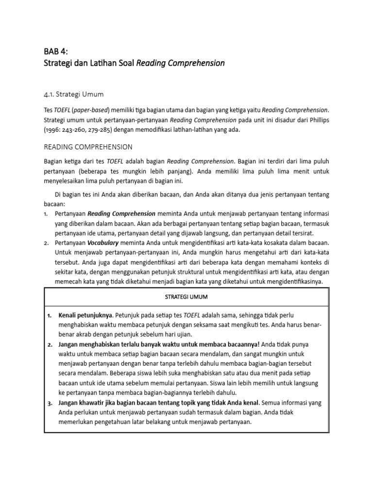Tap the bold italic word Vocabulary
(x=106, y=242)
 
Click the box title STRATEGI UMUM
(x=186, y=297)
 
